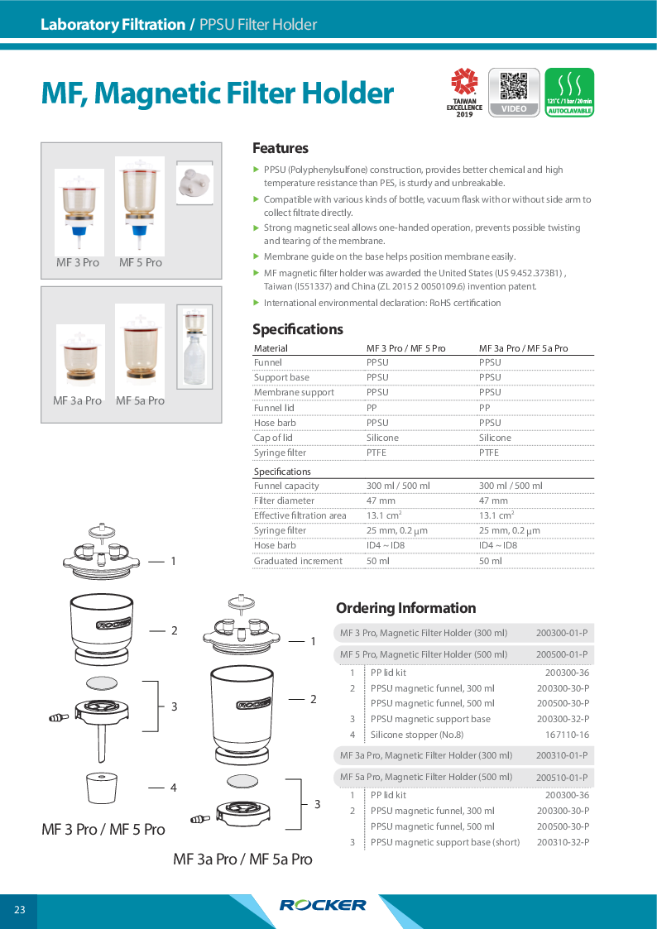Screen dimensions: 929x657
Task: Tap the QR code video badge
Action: (x=514, y=92)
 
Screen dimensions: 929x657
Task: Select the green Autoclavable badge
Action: (x=569, y=92)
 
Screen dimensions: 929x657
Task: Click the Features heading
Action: (x=281, y=149)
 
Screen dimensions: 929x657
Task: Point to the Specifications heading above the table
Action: (x=298, y=329)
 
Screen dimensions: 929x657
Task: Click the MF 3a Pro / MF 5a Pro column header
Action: (x=524, y=348)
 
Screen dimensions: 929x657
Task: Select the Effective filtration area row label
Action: (x=300, y=515)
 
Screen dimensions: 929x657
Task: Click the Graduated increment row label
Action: (x=298, y=561)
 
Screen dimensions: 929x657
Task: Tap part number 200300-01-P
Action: (x=562, y=634)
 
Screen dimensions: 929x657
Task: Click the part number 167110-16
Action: (x=568, y=735)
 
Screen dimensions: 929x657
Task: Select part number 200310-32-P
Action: (x=563, y=842)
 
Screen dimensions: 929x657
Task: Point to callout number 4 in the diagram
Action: (x=174, y=788)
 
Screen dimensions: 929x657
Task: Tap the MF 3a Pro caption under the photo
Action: (x=78, y=400)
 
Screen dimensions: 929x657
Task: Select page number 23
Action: (x=20, y=911)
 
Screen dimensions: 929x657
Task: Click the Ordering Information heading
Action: (x=405, y=608)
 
